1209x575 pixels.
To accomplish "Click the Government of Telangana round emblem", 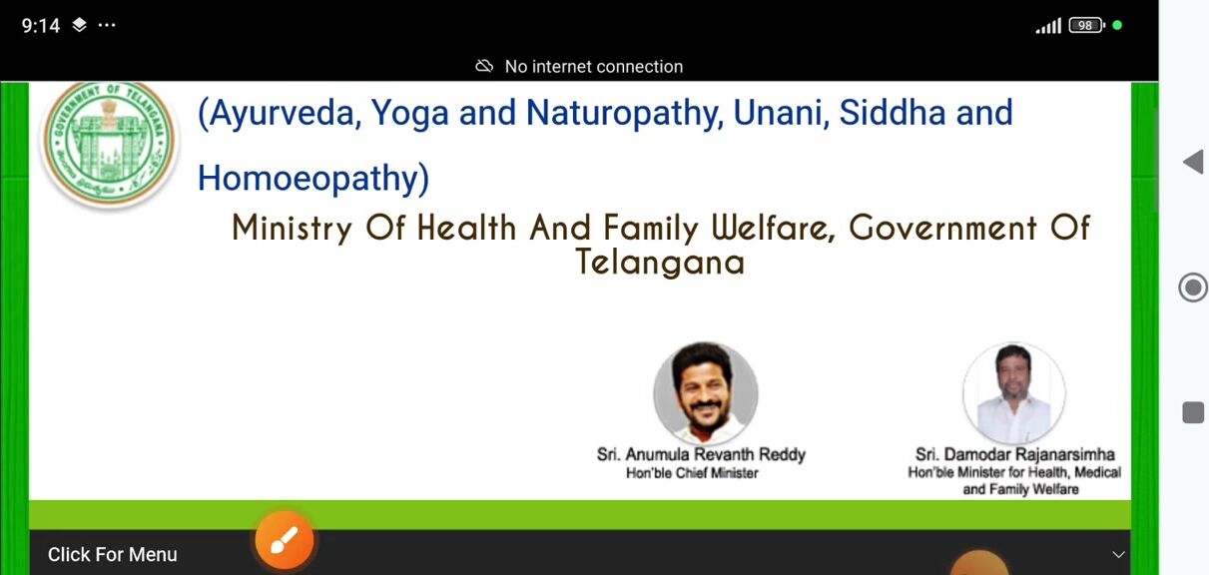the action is pyautogui.click(x=110, y=144).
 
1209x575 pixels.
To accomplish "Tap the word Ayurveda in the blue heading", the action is pyautogui.click(x=280, y=114).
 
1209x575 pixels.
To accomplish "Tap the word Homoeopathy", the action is pyautogui.click(x=313, y=179).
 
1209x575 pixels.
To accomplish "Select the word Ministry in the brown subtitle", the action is pyautogui.click(x=292, y=228).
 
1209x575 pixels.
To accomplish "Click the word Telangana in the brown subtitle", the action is pyautogui.click(x=660, y=263).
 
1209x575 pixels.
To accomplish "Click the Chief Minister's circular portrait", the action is pyautogui.click(x=706, y=393).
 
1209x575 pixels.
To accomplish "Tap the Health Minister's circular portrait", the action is pyautogui.click(x=1014, y=393).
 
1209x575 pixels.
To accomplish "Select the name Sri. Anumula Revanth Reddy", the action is pyautogui.click(x=701, y=454).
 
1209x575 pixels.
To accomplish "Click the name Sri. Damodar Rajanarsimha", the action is pyautogui.click(x=1015, y=454).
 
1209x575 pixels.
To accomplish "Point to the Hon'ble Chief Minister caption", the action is pyautogui.click(x=692, y=473).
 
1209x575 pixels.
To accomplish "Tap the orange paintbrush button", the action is pyautogui.click(x=285, y=539).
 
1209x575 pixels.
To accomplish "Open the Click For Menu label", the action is pyautogui.click(x=112, y=554).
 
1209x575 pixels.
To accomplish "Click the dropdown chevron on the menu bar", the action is pyautogui.click(x=1118, y=555).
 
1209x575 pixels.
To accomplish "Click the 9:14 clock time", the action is pyautogui.click(x=41, y=25).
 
